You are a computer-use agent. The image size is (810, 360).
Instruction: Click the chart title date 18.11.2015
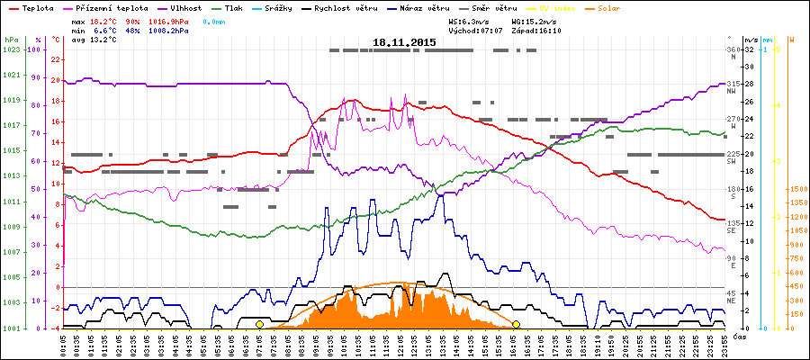(x=405, y=42)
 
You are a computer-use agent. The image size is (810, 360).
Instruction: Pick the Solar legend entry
(x=597, y=7)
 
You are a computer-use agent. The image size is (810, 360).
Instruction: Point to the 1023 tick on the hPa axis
(x=11, y=49)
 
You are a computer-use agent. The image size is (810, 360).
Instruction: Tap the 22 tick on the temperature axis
(x=55, y=59)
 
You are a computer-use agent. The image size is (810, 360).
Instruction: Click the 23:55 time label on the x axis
(x=724, y=345)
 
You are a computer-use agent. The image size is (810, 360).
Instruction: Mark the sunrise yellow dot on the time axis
(x=259, y=324)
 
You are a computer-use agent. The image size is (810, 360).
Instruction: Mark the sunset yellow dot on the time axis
(x=516, y=324)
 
